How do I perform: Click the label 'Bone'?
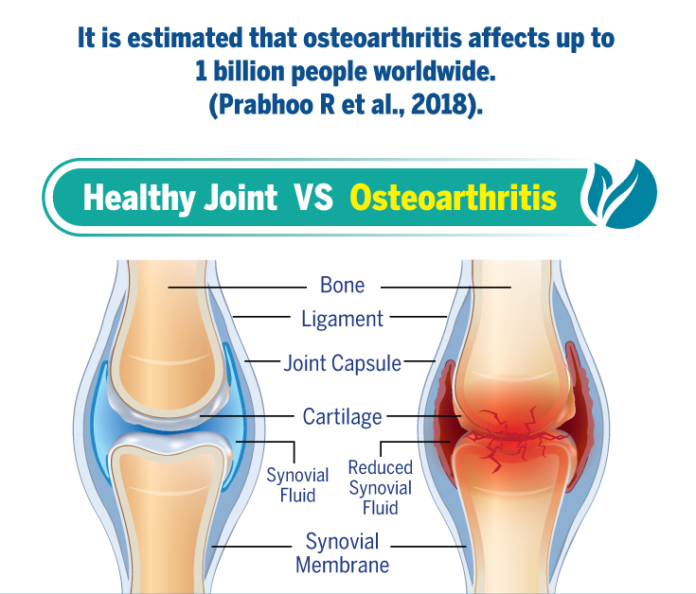coord(342,285)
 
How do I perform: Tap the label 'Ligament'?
coord(342,319)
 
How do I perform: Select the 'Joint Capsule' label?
coord(342,363)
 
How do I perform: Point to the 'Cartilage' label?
coord(342,417)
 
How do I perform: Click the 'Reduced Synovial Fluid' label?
coord(381,488)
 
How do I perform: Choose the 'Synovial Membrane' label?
coord(342,553)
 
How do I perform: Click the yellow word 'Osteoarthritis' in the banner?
coord(454,198)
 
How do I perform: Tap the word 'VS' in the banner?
coord(312,198)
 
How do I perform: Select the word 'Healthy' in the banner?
coord(139,198)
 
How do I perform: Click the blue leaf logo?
coord(621,194)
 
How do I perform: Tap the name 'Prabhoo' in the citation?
coord(266,105)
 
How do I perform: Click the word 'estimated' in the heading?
coord(185,38)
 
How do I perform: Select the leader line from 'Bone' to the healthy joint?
coord(237,288)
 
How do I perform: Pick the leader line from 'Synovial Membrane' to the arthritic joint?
coord(428,546)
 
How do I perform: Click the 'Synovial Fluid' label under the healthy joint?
coord(297,485)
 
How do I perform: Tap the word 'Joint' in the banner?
coord(241,198)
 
